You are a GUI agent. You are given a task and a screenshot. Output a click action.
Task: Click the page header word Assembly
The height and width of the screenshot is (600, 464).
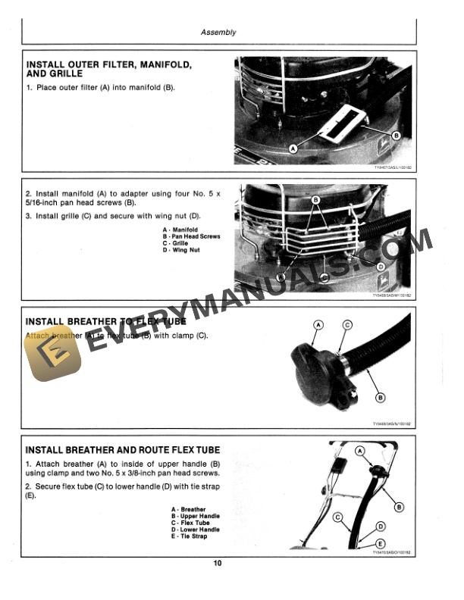point(218,33)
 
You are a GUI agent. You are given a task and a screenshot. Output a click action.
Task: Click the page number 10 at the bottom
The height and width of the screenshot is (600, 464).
point(218,563)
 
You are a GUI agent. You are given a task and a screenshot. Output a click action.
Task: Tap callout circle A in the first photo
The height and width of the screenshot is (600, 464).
point(293,151)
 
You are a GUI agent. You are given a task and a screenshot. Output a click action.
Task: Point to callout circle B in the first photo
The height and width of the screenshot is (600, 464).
point(396,135)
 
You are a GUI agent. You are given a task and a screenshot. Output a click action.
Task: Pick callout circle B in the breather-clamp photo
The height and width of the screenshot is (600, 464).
point(381,397)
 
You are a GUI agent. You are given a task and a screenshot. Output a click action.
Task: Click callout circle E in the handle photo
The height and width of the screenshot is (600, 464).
point(381,543)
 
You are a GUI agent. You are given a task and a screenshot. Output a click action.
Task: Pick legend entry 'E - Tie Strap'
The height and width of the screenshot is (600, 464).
point(189,536)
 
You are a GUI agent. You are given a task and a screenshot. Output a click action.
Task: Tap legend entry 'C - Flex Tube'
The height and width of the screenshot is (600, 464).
point(190,523)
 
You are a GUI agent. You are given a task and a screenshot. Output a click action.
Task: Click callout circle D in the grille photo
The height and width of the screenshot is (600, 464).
point(381,267)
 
